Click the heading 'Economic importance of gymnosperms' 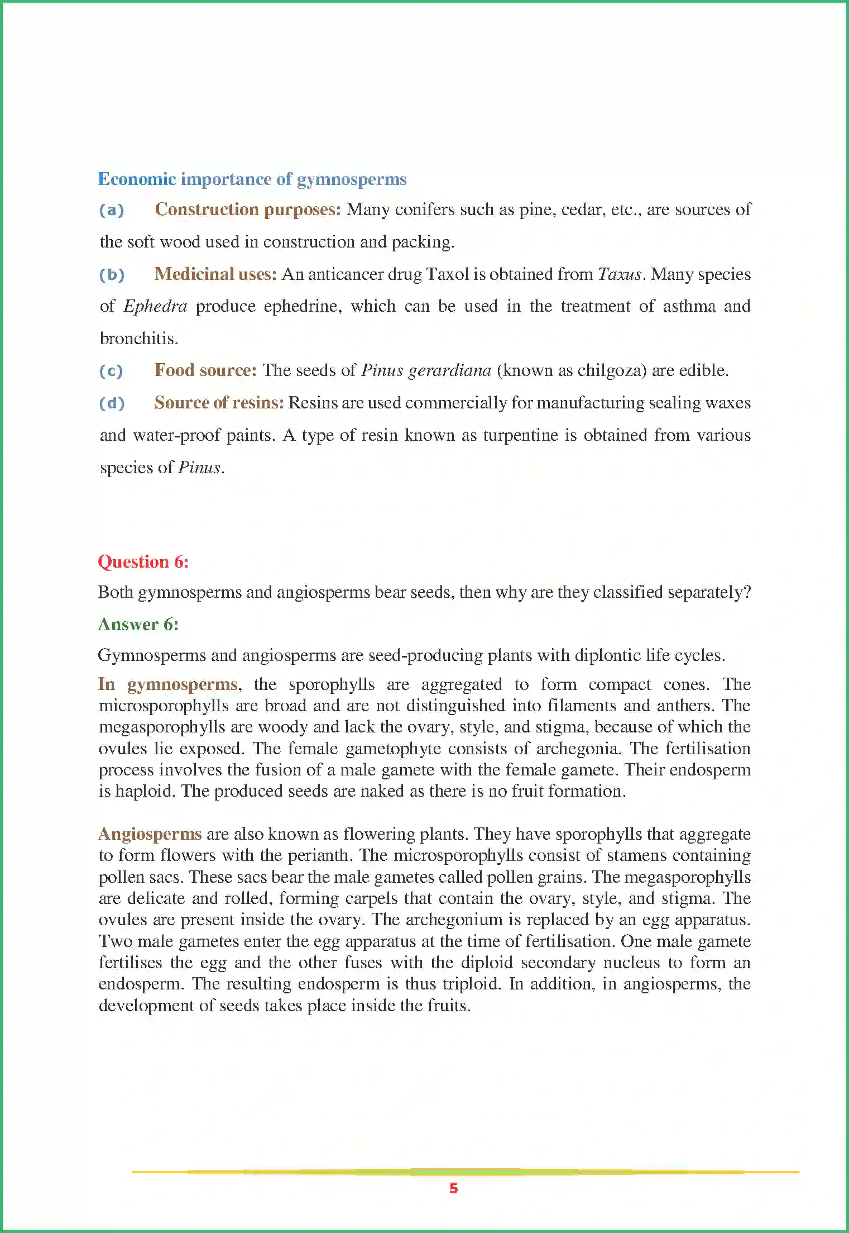click(x=252, y=179)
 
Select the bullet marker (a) click(x=112, y=210)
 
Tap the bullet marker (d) click(x=112, y=403)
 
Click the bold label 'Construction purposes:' click(x=247, y=210)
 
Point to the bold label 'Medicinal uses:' click(x=215, y=274)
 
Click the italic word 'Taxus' click(x=620, y=274)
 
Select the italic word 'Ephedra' click(x=155, y=306)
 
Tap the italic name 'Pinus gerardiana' click(x=426, y=370)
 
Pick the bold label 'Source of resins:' click(x=219, y=403)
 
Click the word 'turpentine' click(x=520, y=435)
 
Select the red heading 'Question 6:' click(x=143, y=561)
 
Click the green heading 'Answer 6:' click(x=138, y=624)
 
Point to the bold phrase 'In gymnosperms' click(x=168, y=684)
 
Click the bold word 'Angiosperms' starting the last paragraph click(x=150, y=834)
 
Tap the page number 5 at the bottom click(x=453, y=1188)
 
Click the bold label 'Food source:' click(x=205, y=370)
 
